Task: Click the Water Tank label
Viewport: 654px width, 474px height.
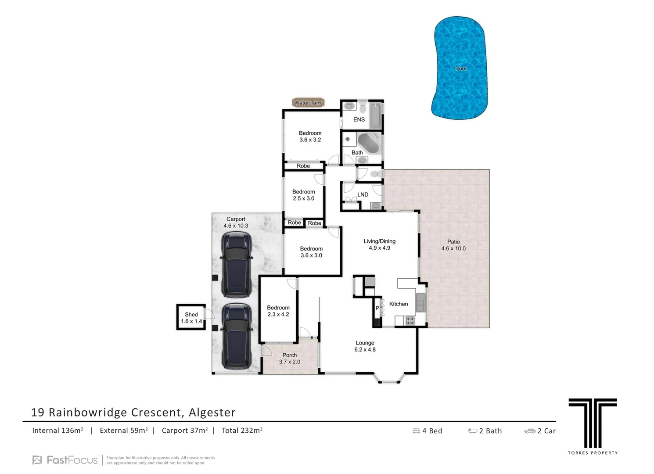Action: tap(308, 103)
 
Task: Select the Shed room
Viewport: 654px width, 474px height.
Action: tap(191, 317)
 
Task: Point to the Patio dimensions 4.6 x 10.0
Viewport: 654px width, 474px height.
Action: tap(453, 248)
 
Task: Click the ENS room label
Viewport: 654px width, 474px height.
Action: tap(359, 119)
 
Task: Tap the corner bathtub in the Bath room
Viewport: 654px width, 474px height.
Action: tap(369, 143)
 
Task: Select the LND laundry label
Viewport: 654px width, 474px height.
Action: tap(363, 194)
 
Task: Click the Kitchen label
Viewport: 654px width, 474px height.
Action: tap(398, 304)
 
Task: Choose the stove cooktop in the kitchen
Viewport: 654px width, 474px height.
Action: tap(410, 321)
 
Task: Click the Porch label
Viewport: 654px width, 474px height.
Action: tap(289, 355)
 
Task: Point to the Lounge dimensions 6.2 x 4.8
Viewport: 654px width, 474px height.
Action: tap(365, 350)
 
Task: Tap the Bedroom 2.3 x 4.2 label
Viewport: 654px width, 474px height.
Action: tap(278, 311)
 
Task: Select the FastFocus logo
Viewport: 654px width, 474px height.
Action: tap(65, 460)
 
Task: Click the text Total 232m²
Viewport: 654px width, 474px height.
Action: tap(242, 431)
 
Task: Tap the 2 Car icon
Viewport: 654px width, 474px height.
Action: tap(530, 431)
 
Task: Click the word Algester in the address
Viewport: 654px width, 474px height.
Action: tap(212, 413)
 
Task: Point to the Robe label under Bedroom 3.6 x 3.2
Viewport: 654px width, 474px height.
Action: tap(303, 166)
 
